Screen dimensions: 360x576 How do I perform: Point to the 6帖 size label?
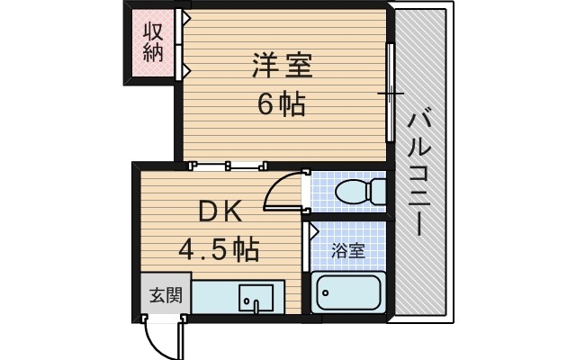coord(282,104)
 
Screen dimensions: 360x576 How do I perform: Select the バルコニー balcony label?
coord(418,170)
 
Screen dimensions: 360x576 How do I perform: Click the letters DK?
coord(220,212)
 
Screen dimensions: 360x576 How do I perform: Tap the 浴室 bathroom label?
coord(348,251)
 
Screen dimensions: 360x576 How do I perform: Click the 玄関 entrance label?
coord(165,294)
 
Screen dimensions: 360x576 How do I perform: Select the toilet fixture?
coord(356,190)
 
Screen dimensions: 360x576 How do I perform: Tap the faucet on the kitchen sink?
coord(256,307)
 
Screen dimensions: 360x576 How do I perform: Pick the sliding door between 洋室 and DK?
coord(229,165)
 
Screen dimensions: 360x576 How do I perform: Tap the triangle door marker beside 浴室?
coord(313,230)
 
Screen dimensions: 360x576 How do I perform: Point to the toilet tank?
coord(378,190)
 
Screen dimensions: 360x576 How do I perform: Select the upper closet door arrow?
coord(185,17)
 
